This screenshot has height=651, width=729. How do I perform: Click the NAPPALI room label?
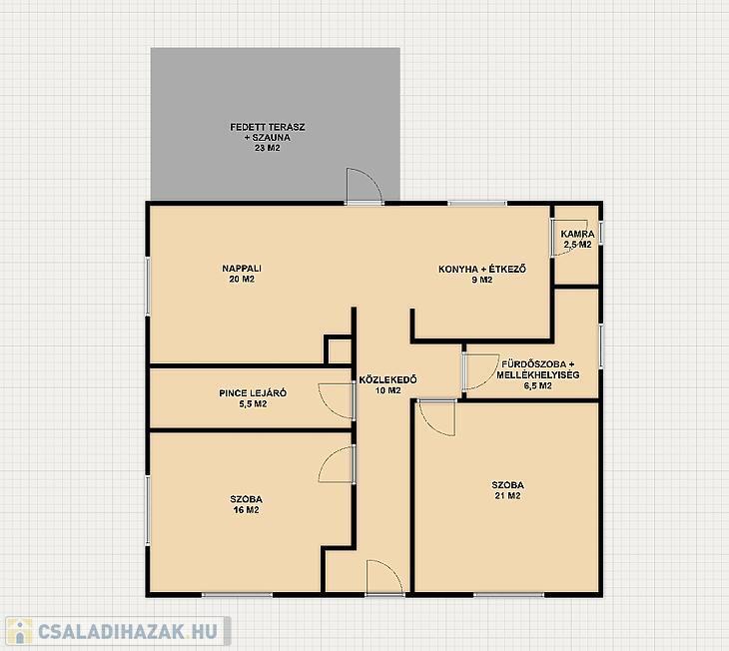242,269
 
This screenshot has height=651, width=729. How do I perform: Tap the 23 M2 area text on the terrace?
268,149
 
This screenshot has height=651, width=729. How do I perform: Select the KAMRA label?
577,234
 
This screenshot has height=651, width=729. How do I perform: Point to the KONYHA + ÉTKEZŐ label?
482,269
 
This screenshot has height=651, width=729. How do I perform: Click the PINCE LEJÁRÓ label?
253,393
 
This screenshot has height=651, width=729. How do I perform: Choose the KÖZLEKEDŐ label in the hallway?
388,379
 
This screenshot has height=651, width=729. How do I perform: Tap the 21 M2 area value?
507,495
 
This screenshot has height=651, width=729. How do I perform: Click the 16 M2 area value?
247,510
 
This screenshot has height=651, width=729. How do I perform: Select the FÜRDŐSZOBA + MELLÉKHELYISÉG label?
538,369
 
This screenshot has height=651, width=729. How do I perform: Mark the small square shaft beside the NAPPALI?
338,349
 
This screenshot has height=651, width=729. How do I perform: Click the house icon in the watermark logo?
19,631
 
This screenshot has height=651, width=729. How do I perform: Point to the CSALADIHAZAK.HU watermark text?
128,631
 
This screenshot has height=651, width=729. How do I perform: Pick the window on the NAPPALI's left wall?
148,286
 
